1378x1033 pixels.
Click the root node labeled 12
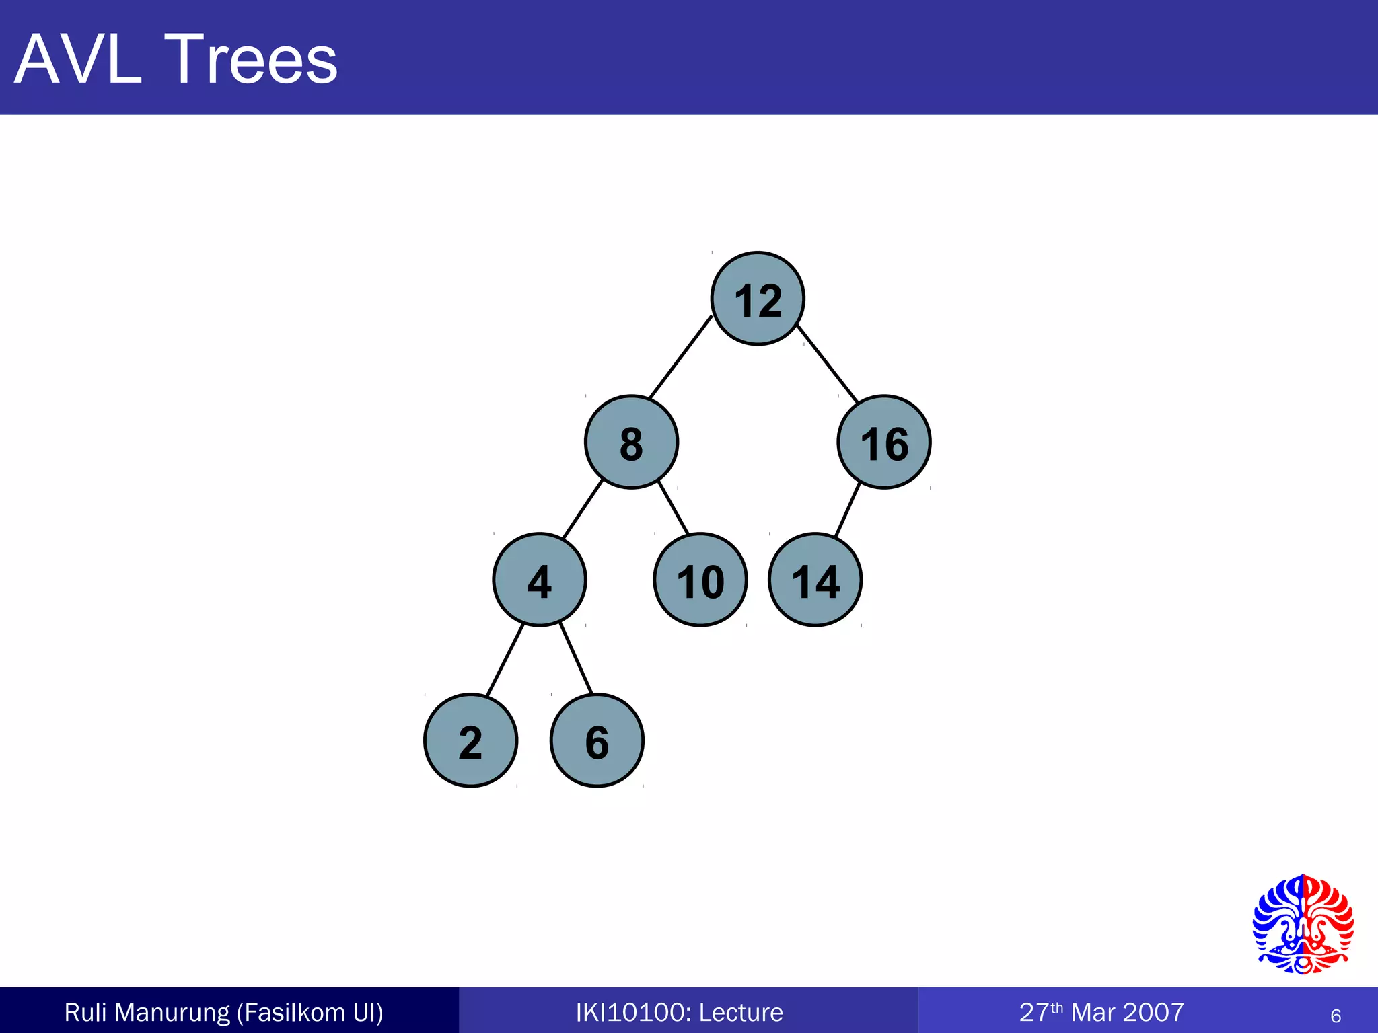point(758,299)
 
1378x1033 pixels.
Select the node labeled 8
point(631,442)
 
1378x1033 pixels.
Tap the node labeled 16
point(884,442)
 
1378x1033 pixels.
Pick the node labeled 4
point(540,580)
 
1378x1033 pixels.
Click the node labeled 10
point(700,580)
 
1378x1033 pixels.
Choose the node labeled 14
point(815,580)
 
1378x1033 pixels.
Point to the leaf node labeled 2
point(471,740)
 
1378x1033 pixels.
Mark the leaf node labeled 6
point(597,740)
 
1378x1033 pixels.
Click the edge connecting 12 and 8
point(680,357)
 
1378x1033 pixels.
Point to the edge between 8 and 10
point(674,508)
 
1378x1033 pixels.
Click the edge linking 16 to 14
point(848,509)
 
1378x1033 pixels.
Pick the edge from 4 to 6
point(576,659)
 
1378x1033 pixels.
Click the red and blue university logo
point(1303,924)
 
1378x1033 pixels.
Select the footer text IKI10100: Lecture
point(680,1012)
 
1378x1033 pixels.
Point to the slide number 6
point(1336,1016)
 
